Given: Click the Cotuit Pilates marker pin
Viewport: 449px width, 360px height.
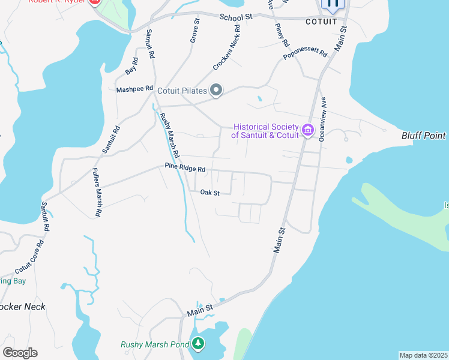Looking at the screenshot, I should (217, 91).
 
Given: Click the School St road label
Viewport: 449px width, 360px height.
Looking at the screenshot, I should (236, 17).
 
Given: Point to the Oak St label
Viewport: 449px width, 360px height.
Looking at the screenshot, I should (210, 193).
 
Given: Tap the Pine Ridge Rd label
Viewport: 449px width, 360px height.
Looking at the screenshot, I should (185, 169).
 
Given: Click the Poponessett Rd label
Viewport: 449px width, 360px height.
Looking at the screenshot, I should (306, 52).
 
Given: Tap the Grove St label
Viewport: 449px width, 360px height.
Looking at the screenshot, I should (194, 30).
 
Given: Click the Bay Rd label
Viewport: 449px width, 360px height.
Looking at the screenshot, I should (132, 66).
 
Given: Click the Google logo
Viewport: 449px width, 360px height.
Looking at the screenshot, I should (20, 353).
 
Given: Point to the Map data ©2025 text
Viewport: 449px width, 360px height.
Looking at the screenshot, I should (423, 355).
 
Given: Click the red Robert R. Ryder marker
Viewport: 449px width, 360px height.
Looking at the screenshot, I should (94, 2).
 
